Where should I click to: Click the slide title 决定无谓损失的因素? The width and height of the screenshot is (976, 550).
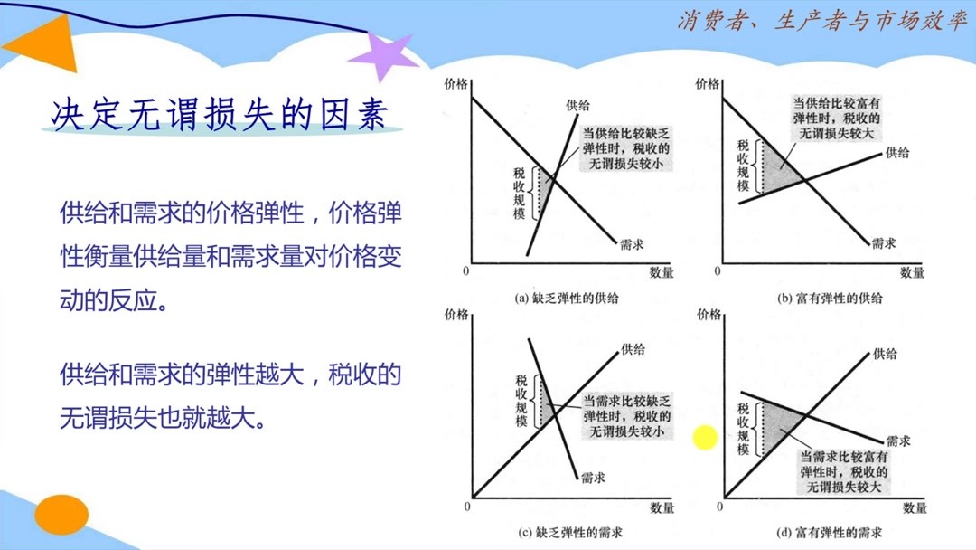tap(221, 115)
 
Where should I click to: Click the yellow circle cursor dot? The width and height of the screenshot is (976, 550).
tap(705, 438)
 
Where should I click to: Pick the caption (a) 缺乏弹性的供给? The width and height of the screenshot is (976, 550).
tap(568, 298)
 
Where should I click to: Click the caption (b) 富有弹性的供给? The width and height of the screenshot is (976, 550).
tap(829, 298)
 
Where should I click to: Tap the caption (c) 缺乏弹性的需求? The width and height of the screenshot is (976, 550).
tap(568, 532)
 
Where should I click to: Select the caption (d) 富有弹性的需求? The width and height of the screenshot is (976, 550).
tap(829, 532)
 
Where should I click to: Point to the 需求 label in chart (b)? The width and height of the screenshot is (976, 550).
tap(884, 243)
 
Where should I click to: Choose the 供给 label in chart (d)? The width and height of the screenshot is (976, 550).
tap(886, 354)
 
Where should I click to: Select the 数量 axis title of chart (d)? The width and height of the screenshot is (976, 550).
tap(915, 508)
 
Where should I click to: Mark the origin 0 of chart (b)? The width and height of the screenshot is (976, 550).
tap(719, 271)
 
